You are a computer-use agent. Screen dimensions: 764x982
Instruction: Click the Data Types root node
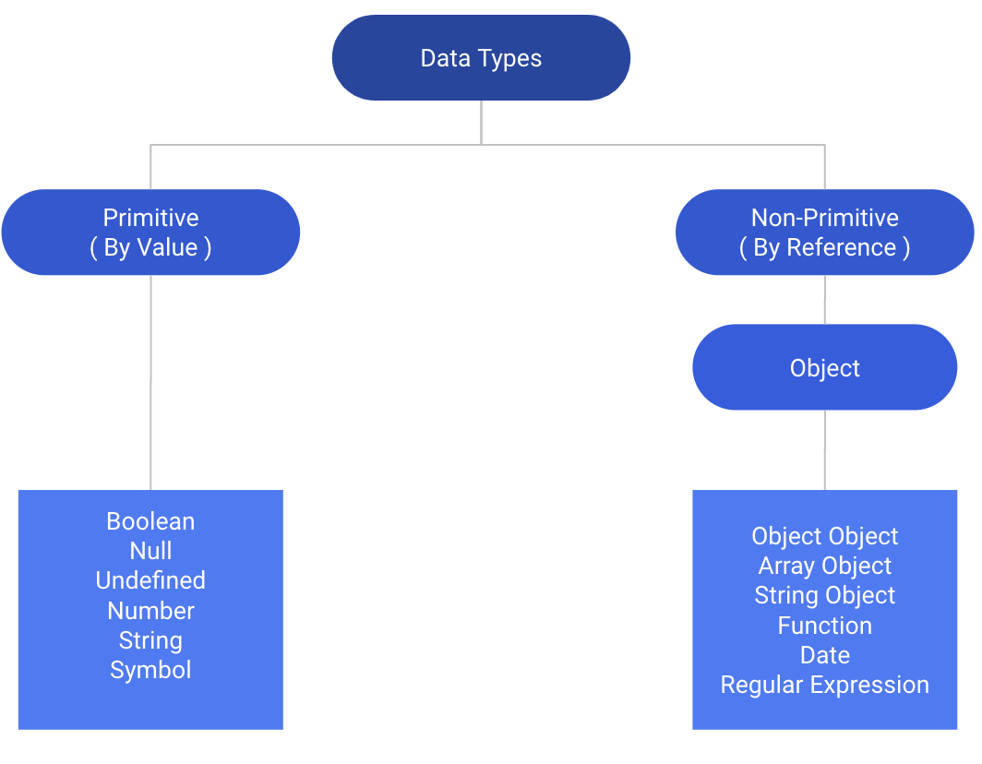pos(481,58)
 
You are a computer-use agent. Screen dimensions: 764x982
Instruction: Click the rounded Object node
pos(824,368)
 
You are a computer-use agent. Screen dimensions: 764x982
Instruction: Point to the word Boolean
pos(150,521)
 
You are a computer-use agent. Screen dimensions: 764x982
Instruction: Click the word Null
pos(150,551)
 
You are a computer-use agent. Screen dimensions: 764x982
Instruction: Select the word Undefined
pos(150,580)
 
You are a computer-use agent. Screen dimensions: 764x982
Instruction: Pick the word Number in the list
pos(150,611)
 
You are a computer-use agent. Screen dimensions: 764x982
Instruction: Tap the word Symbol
pos(150,670)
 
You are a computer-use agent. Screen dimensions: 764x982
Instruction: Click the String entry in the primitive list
pos(150,640)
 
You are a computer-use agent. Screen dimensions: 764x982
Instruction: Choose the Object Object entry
pos(824,536)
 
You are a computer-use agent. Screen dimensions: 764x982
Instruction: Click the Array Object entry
pos(824,566)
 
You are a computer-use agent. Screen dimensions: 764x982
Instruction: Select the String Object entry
pos(824,596)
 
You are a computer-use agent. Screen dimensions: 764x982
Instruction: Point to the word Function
pos(824,626)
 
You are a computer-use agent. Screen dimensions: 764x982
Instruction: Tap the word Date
pos(824,655)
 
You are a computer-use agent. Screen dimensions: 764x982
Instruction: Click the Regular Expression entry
pos(824,685)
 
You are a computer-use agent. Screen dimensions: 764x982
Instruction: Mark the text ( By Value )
pos(150,248)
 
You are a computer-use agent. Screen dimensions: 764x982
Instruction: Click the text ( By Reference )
pos(824,248)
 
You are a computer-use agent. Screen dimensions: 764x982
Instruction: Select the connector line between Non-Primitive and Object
pos(824,299)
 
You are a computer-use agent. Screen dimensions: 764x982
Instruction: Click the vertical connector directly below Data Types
pos(481,122)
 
